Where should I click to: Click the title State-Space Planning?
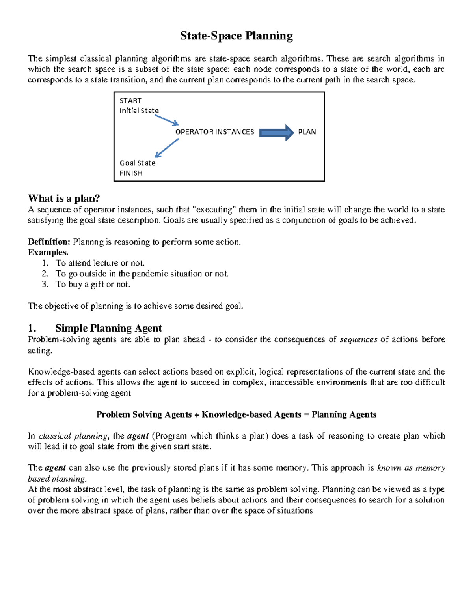coord(236,36)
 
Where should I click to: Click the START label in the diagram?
coord(130,101)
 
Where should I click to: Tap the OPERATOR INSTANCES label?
coord(214,132)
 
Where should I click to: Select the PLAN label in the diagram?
coord(307,132)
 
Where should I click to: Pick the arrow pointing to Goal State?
coord(167,148)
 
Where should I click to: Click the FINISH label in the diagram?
coord(131,173)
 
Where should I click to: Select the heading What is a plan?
coord(64,198)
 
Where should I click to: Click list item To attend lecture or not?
coord(100,263)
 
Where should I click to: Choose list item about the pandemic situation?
coord(142,274)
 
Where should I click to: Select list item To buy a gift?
coord(93,285)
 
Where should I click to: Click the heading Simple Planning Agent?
coord(108,328)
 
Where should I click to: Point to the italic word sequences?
coord(358,339)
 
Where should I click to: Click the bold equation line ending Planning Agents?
coord(236,414)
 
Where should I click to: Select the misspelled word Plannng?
coord(88,242)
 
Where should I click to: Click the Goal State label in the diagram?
coord(137,163)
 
